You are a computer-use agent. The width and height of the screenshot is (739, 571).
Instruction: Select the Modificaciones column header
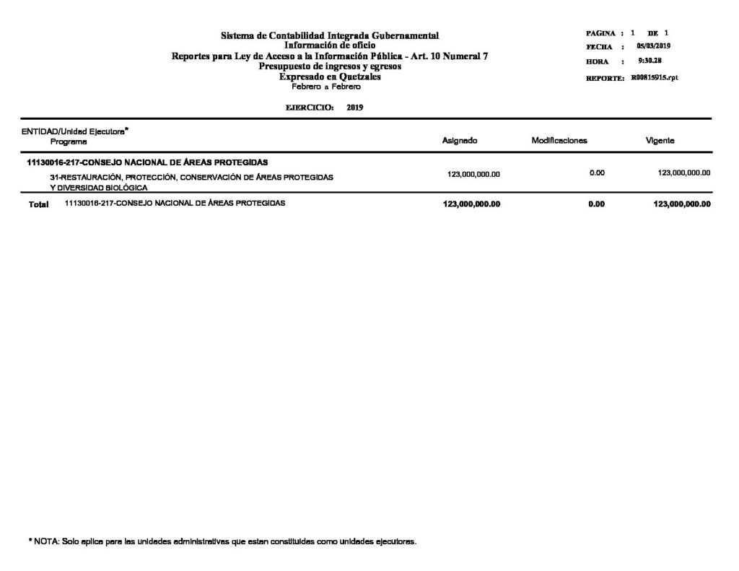click(559, 141)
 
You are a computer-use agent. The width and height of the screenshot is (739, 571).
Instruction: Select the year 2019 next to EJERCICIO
click(354, 107)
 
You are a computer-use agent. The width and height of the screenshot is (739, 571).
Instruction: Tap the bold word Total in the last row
click(38, 205)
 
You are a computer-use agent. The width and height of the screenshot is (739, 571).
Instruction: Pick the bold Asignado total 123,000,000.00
click(472, 204)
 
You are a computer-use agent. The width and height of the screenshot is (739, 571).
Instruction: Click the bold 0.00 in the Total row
click(596, 204)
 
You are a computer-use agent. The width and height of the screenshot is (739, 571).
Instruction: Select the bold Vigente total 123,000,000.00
click(681, 204)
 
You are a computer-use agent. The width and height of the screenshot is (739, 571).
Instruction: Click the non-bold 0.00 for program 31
click(596, 173)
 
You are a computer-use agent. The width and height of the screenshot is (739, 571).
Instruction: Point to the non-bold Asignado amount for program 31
click(473, 174)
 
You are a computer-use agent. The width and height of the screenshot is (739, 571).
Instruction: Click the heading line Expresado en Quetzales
click(330, 77)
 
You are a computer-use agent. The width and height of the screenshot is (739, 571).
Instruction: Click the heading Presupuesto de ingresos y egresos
click(330, 66)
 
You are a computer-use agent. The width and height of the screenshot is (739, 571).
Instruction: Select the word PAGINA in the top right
click(600, 34)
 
